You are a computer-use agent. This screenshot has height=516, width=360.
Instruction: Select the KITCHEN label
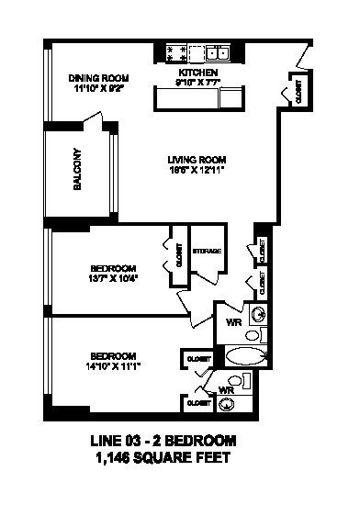point(198,72)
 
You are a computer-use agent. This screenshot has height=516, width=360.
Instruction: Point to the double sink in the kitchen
point(218,51)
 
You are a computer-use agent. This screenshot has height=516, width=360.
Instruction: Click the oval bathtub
point(244,356)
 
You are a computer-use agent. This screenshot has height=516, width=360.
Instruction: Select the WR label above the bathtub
point(233,321)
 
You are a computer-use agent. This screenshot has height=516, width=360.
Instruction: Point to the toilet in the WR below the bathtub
point(236,379)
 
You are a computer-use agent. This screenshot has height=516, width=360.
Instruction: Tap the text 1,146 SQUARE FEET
point(162,456)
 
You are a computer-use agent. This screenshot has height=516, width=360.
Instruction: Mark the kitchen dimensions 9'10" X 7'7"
point(198,83)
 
